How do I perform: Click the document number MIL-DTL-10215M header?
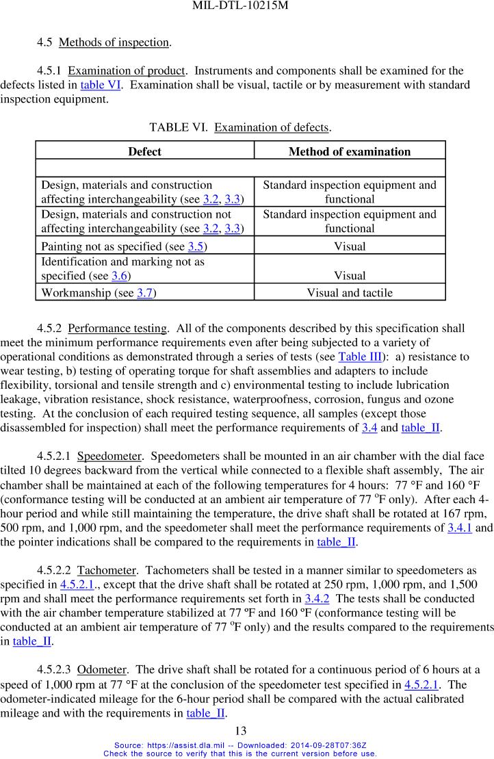tap(246, 8)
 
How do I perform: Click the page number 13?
tap(240, 730)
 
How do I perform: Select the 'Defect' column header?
tap(144, 151)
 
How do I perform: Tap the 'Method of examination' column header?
tap(350, 151)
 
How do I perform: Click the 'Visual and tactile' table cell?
tap(350, 293)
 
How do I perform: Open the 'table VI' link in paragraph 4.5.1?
tap(101, 85)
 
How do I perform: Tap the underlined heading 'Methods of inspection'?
tap(114, 42)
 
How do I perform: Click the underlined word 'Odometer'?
tap(102, 669)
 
